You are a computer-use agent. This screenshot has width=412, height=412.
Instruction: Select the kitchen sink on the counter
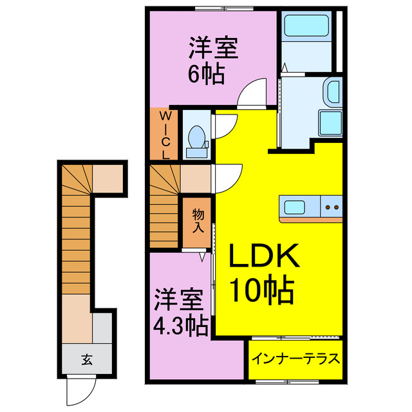[x=297, y=208]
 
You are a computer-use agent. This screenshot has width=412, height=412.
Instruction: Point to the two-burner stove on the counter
[x=333, y=208]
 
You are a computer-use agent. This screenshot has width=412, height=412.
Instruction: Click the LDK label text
[x=264, y=259]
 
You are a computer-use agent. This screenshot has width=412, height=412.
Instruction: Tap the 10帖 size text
[x=264, y=291]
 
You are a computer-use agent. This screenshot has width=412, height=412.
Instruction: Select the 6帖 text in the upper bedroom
[x=206, y=74]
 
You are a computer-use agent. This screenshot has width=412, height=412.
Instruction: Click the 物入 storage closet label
[x=198, y=221]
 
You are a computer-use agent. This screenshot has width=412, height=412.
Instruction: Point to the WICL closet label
[x=165, y=134]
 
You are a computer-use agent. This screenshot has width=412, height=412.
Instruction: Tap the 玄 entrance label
[x=86, y=359]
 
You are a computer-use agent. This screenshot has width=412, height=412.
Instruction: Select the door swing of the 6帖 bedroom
[x=252, y=95]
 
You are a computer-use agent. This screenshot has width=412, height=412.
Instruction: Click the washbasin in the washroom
[x=333, y=91]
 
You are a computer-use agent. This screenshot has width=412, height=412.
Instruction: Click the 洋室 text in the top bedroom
[x=213, y=49]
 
